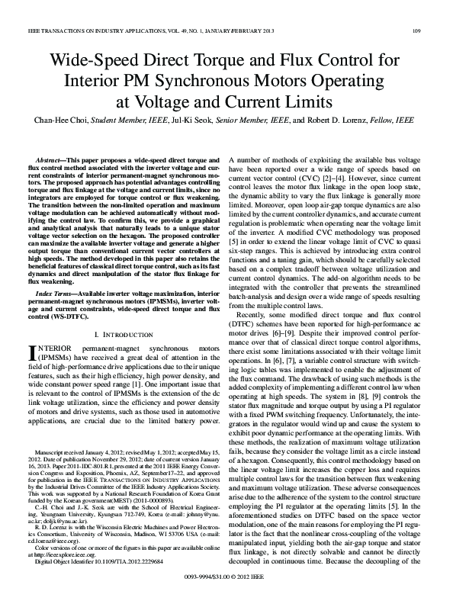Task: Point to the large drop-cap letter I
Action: coord(33,353)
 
